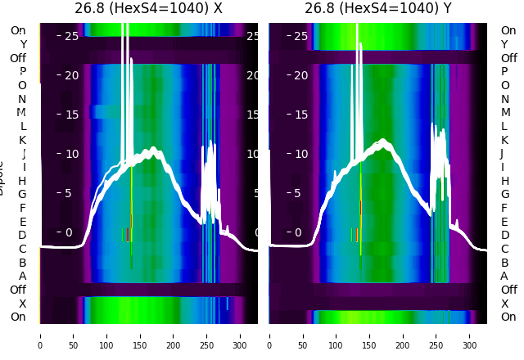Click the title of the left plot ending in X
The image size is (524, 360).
pos(148,9)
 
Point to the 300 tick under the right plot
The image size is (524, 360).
pos(470,335)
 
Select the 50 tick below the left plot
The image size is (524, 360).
pos(74,335)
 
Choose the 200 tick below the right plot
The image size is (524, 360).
pos(403,335)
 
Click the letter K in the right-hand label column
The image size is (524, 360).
pos(504,140)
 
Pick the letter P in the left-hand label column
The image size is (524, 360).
pos(23,71)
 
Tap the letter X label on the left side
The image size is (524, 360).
pos(23,304)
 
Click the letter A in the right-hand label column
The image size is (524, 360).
pos(504,276)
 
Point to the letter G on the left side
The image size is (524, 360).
pos(22,194)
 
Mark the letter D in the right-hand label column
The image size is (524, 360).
pos(504,235)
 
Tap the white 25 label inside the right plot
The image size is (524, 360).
pos(300,36)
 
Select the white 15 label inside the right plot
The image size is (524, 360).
pos(300,115)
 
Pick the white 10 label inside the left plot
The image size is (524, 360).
pos(71,154)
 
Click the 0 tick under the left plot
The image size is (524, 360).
pos(40,335)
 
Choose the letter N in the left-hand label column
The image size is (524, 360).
pos(22,99)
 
